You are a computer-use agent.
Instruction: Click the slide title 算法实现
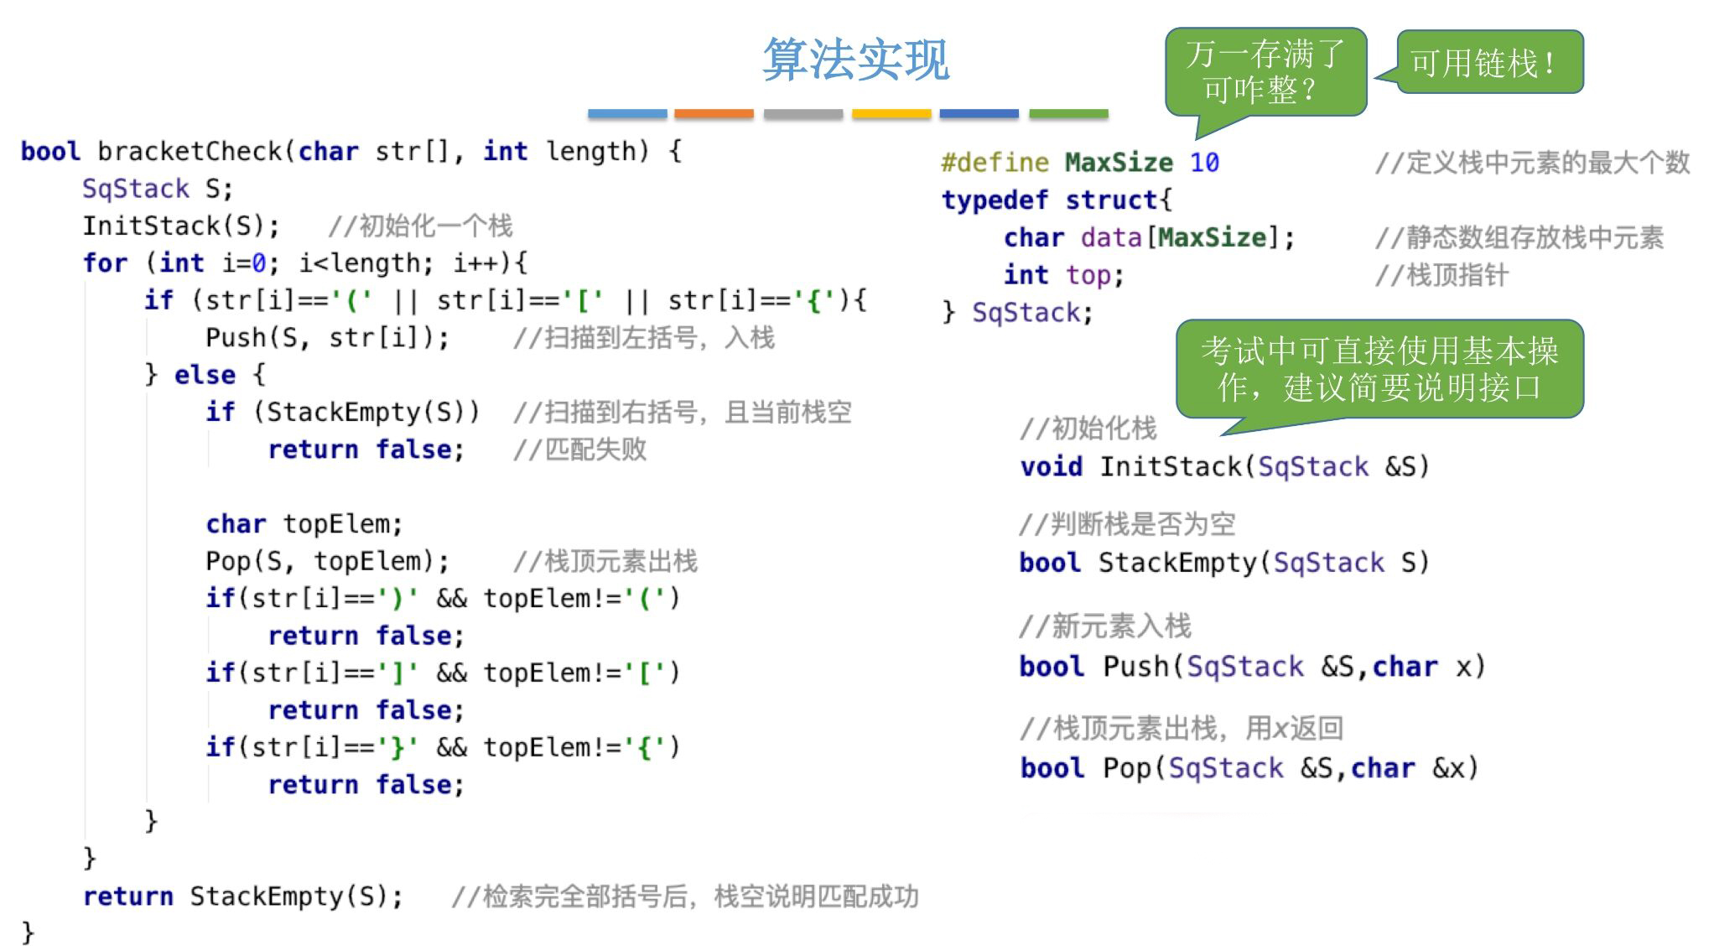pos(855,59)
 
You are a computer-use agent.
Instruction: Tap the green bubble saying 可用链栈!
pos(1489,62)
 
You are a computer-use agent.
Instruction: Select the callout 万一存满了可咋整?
pos(1265,71)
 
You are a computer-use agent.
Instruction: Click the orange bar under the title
pos(714,113)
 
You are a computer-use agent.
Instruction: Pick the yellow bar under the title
pos(891,113)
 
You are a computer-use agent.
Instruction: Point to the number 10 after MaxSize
pos(1204,163)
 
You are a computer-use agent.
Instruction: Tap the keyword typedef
pos(995,200)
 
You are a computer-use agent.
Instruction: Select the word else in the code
pos(205,375)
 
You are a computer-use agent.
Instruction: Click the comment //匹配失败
pos(579,450)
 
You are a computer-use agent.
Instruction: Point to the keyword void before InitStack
pos(1051,466)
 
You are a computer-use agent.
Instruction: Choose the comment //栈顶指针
pos(1441,275)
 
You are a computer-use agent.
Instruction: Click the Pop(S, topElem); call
pos(327,561)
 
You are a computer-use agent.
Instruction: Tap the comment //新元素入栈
pos(1104,626)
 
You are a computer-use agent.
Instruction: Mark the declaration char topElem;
pos(304,524)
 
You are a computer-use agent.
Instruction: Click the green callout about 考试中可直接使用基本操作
pos(1379,369)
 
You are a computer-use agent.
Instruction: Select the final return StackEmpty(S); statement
pos(243,896)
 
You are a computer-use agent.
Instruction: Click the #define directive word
pos(995,163)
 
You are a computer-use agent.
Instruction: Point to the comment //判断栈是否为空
pos(1127,524)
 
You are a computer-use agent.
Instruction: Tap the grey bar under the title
pos(802,113)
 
